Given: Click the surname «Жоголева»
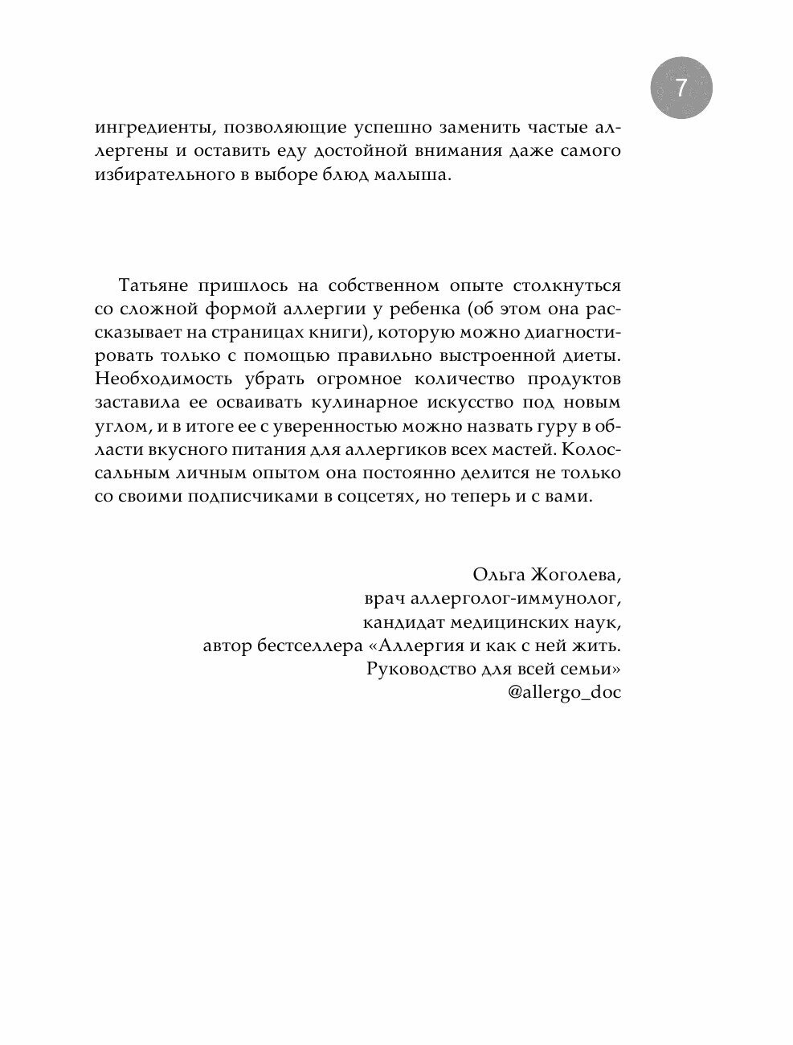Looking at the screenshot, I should click(576, 575).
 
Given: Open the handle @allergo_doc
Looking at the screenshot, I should click(565, 692).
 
